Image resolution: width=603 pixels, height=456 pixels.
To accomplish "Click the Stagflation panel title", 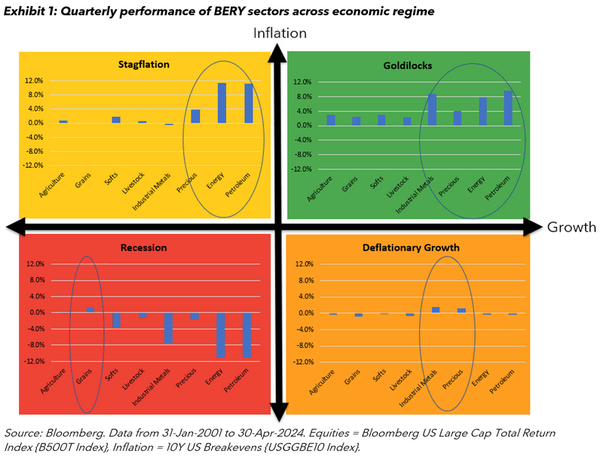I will click(x=143, y=64).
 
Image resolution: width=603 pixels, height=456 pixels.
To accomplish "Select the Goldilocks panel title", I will click(x=407, y=65).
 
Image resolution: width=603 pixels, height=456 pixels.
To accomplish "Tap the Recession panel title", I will click(x=143, y=248).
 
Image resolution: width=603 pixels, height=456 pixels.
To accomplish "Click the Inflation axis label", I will click(x=280, y=33).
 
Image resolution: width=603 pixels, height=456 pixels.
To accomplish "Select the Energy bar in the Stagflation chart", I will click(x=222, y=103).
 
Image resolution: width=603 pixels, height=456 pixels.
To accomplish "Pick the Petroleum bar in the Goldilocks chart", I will click(x=507, y=108).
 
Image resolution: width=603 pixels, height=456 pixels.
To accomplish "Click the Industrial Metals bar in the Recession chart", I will click(x=170, y=328).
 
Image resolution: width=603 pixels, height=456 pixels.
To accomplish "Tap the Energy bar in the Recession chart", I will click(x=222, y=335).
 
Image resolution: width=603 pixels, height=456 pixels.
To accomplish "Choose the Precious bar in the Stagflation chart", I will click(x=196, y=116).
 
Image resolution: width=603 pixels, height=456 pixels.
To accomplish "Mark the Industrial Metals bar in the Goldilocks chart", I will click(x=432, y=110).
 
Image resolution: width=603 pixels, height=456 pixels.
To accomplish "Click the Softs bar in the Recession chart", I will click(x=117, y=320).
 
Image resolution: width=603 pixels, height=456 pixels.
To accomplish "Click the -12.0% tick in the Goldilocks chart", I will click(x=301, y=169).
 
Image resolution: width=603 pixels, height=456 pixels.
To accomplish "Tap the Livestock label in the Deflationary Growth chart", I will click(x=399, y=382).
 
